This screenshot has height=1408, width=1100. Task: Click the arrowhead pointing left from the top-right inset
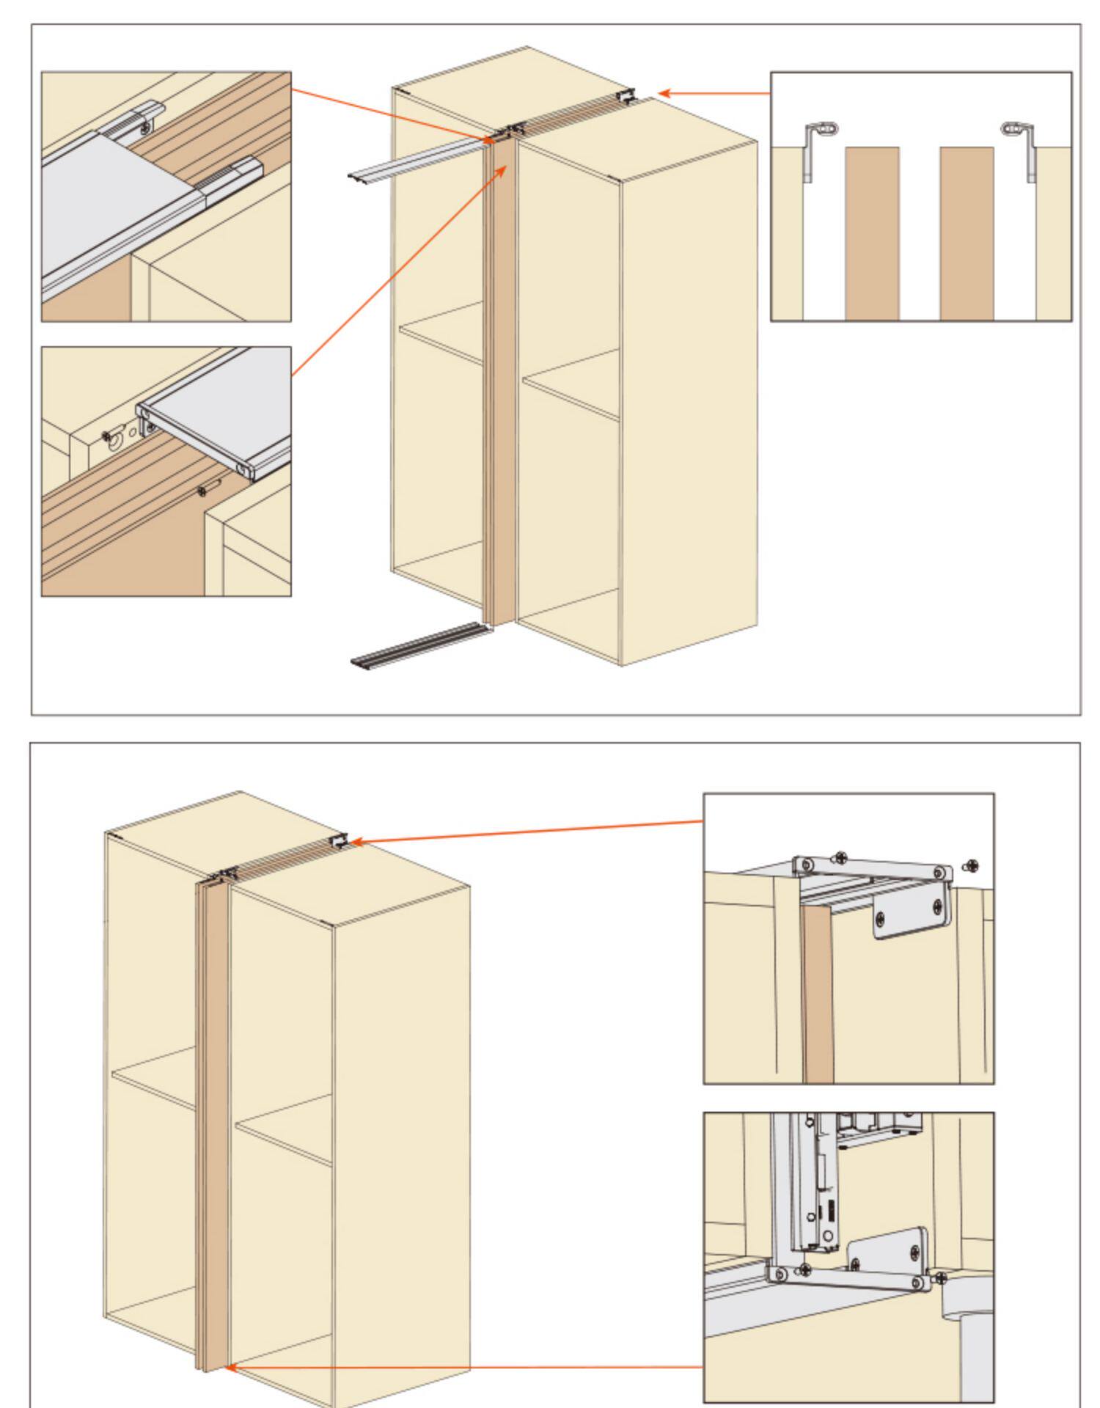(663, 93)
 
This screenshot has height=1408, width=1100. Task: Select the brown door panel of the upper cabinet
(503, 381)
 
